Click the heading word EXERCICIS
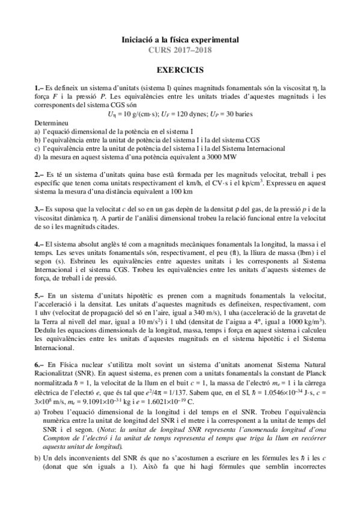click(180, 70)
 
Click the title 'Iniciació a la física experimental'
click(180, 40)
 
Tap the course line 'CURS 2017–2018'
click(180, 50)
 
